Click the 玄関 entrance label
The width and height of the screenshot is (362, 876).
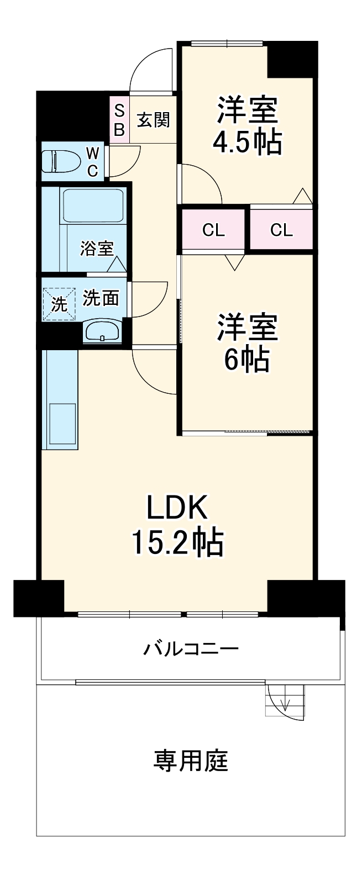[x=153, y=120]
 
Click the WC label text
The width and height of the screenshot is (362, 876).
[x=93, y=161]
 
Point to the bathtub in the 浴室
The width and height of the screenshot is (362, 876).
[x=92, y=205]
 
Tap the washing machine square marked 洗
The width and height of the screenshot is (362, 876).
[x=58, y=303]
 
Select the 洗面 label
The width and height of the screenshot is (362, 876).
[x=101, y=298]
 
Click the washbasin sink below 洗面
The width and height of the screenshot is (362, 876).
[x=101, y=332]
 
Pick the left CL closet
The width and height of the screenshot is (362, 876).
[x=213, y=230]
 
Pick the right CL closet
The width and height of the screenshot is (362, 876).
[x=281, y=230]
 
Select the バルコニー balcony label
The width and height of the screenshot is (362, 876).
[x=191, y=648]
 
